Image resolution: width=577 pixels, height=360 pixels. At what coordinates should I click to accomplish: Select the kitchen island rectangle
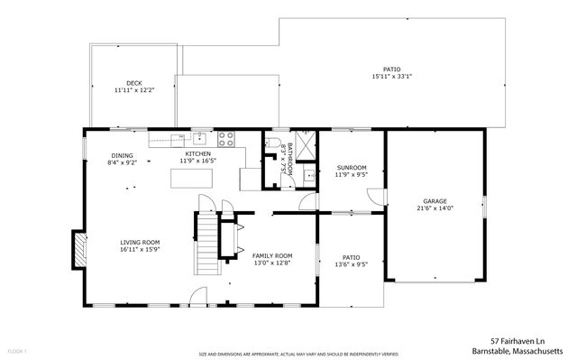point(192,180)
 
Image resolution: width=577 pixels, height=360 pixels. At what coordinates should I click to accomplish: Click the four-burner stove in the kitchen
point(226,139)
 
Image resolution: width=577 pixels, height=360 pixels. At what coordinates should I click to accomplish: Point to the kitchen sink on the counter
point(198,138)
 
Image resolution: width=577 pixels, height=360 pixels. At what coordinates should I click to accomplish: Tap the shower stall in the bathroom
point(305,143)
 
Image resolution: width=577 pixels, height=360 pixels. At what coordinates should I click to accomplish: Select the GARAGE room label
point(435,201)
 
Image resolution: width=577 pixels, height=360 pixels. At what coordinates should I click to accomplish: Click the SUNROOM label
point(352,168)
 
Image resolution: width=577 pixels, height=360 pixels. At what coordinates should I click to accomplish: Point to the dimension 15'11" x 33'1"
point(391,77)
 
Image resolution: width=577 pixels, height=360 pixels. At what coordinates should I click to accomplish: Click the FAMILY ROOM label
point(271,256)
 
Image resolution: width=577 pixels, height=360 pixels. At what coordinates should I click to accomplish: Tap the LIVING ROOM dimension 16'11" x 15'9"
point(140,249)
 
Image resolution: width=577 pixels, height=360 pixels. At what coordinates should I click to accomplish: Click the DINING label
point(122,155)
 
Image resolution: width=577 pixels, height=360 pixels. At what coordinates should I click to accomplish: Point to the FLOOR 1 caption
point(17,350)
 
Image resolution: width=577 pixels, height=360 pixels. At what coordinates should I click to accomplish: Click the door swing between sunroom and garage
point(382,196)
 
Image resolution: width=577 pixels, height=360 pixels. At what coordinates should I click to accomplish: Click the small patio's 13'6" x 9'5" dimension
point(351,264)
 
